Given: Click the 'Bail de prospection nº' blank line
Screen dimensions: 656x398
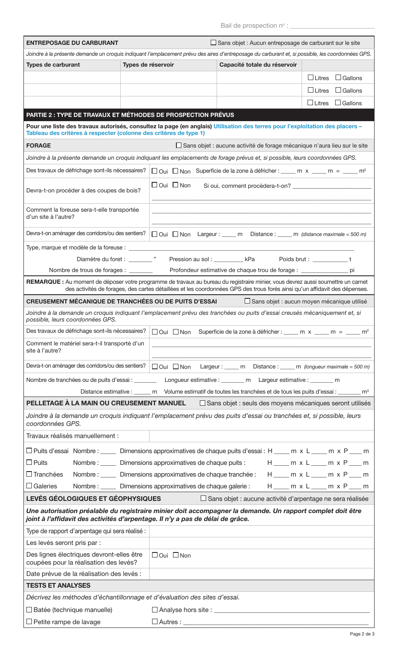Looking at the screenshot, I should pos(332,26).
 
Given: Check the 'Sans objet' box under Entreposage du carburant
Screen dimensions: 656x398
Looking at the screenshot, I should pos(214,43).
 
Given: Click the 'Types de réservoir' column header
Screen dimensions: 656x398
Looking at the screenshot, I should pos(148,65).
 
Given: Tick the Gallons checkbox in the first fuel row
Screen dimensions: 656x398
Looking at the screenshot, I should pos(338,78).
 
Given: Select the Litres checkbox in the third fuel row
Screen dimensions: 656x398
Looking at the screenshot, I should pos(310,103).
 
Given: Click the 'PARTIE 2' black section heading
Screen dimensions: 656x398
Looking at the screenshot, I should pos(130,115).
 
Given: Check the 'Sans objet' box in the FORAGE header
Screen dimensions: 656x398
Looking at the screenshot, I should pos(179,145).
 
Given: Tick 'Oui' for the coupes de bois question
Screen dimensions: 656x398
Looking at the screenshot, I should pos(155,185).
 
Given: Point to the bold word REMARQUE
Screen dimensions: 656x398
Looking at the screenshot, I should pos(45,282).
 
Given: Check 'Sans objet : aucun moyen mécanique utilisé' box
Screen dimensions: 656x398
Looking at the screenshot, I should pos(248,301).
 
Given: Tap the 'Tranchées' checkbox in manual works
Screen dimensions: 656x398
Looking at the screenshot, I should pos(29,474).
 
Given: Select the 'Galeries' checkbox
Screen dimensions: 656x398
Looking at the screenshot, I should pos(29,486).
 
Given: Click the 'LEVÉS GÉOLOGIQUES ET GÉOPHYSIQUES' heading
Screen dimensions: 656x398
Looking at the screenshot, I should pos(93,499).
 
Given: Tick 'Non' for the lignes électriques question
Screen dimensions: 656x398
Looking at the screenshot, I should pos(176,555).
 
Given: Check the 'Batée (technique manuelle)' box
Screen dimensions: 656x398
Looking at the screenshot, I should pos(29,610).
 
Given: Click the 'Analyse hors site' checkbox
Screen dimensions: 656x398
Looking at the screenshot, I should pos(155,610).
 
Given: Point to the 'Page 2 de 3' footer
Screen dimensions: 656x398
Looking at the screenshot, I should pos(362,634).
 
